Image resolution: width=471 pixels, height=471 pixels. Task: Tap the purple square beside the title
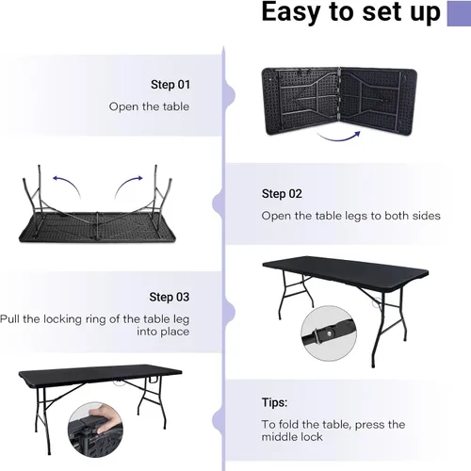(457, 13)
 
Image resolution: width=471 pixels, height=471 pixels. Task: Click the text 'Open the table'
(149, 106)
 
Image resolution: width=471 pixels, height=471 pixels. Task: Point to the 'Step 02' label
(282, 194)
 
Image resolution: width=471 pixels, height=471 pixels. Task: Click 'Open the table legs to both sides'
(350, 216)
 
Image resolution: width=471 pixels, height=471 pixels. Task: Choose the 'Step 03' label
(170, 297)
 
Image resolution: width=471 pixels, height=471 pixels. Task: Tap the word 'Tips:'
(275, 402)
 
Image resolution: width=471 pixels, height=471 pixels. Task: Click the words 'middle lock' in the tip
(292, 437)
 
